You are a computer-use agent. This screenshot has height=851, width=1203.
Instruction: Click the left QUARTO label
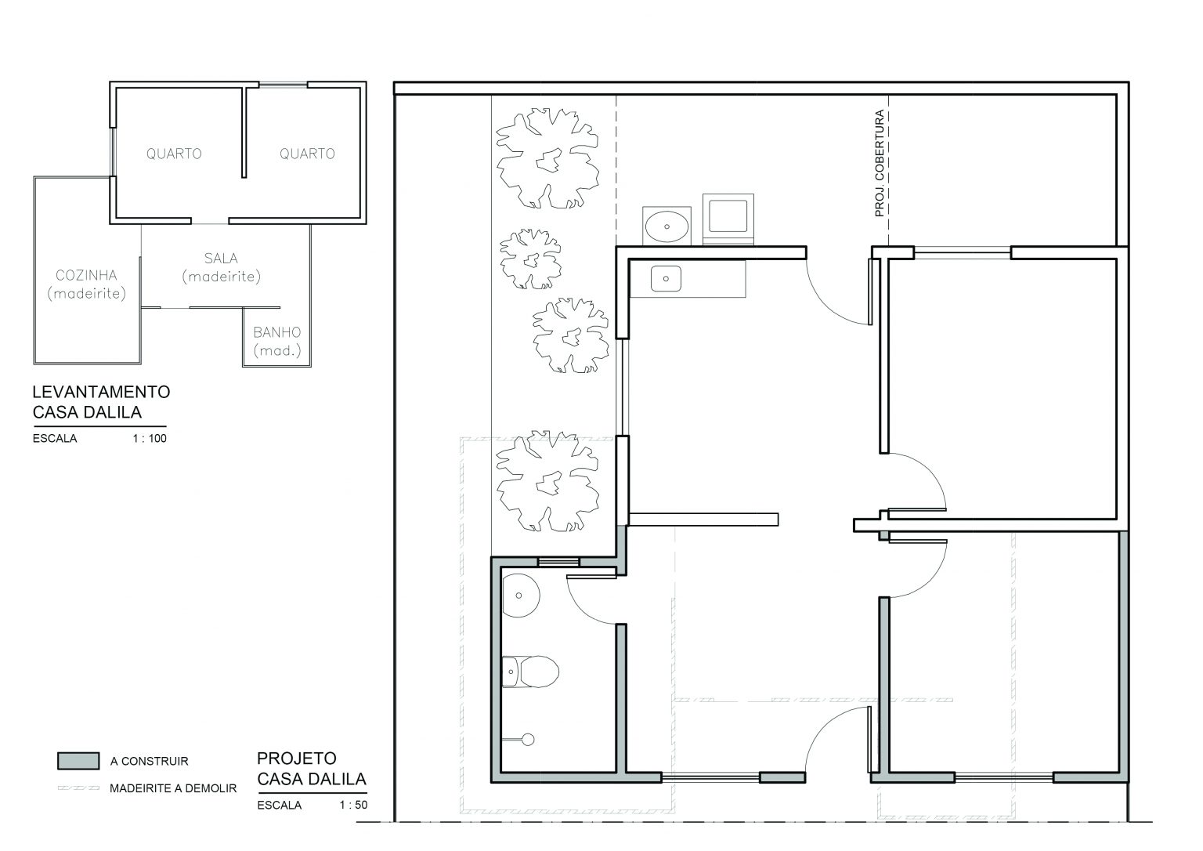(174, 154)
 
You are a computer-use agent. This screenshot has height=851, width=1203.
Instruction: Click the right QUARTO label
(307, 154)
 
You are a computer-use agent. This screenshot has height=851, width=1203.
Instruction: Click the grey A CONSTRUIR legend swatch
(78, 761)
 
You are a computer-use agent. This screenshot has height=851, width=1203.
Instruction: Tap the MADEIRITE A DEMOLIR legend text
(173, 788)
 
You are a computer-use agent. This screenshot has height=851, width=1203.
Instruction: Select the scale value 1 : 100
(150, 438)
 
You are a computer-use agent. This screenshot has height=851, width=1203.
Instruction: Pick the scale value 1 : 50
(353, 806)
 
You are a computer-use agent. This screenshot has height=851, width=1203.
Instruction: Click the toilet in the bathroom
(530, 671)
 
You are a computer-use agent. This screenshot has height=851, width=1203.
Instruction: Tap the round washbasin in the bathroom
(520, 596)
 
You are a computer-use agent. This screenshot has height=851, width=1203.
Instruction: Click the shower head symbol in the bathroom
(528, 740)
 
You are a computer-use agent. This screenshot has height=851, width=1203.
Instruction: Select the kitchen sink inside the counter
(666, 279)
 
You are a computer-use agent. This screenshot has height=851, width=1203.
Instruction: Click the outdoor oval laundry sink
(667, 226)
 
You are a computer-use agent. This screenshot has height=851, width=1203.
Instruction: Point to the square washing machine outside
(728, 219)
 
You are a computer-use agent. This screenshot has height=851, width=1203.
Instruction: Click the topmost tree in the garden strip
(547, 158)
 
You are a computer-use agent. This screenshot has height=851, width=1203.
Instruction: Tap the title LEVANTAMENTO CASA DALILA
(101, 402)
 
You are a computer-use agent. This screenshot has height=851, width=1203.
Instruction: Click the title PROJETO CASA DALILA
(312, 769)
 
